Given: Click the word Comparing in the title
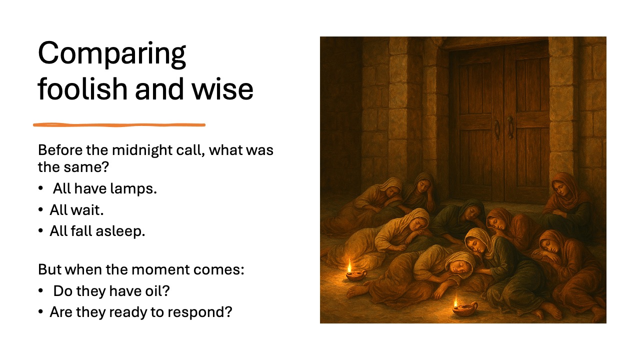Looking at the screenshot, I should [112, 54].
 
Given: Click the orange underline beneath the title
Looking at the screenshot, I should [119, 124].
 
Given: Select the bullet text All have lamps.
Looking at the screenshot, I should [105, 189].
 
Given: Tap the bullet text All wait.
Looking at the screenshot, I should [76, 210].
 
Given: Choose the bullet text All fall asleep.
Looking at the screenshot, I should [97, 231].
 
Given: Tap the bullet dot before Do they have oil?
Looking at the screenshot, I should [41, 291].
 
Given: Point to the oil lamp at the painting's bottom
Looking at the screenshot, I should [464, 309].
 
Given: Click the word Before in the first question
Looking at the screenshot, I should [56, 150].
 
